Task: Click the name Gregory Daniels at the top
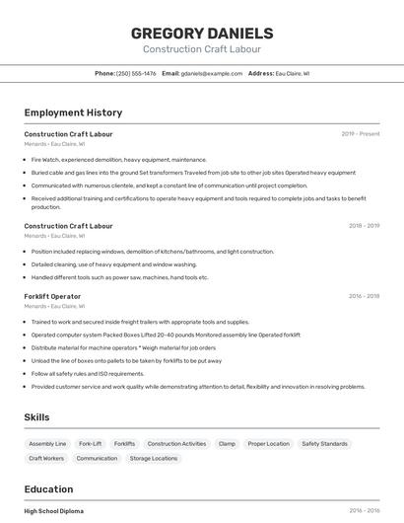(202, 34)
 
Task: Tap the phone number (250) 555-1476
(136, 73)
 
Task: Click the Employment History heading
(73, 112)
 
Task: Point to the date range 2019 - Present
(361, 133)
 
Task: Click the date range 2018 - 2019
(364, 226)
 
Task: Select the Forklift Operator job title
(52, 296)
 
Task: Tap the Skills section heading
(36, 417)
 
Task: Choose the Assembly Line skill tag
(47, 444)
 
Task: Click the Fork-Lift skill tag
(90, 444)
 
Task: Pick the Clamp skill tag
(227, 444)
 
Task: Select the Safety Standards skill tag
(324, 444)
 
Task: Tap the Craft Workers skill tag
(46, 458)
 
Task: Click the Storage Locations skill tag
(154, 458)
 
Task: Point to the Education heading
(48, 489)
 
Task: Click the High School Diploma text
(53, 511)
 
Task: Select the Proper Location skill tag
(269, 444)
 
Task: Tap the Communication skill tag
(97, 458)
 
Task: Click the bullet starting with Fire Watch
(118, 159)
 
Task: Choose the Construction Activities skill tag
(176, 444)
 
